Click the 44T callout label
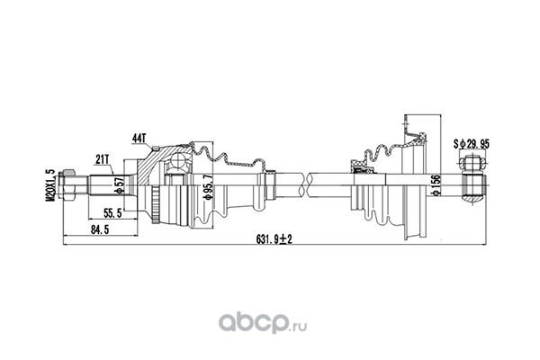139,139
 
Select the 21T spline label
103,159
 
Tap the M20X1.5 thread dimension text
51,185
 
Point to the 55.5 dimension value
113,213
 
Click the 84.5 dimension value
100,230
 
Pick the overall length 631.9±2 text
274,238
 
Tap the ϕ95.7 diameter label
208,186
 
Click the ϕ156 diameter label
436,185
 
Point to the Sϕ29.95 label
471,144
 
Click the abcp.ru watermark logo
263,323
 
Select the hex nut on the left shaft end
68,185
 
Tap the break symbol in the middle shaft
305,185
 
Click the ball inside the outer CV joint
179,160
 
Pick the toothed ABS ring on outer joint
156,206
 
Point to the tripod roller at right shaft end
472,163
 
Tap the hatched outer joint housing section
157,165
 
